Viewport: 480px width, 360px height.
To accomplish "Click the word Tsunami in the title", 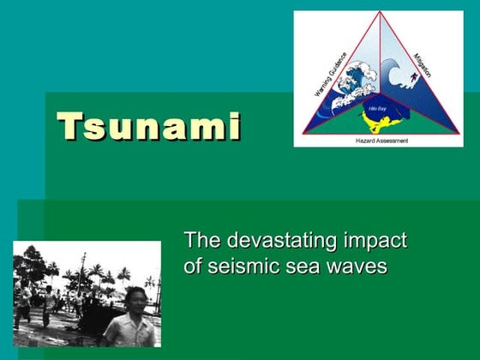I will [149, 126].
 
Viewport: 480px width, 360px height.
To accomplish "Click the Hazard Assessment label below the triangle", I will [381, 140].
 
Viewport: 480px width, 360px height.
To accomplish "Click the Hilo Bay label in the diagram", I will [376, 109].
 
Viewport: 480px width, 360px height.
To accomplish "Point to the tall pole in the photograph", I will [82, 274].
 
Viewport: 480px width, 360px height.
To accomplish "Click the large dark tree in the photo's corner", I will [30, 261].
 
